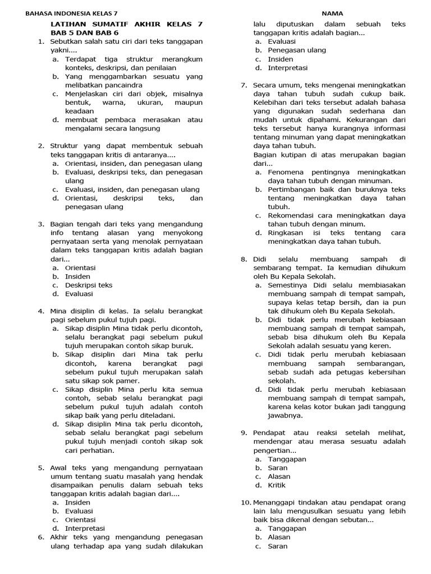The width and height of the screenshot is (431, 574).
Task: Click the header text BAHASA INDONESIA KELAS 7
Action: (75, 13)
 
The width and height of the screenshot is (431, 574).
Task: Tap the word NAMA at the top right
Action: (332, 13)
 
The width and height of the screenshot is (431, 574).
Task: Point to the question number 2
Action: (41, 146)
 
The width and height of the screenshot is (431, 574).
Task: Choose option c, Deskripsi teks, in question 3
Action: (88, 285)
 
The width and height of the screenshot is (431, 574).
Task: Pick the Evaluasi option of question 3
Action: (79, 294)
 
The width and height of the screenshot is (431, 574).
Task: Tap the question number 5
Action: (41, 467)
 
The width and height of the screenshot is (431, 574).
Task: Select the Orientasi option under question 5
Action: (80, 519)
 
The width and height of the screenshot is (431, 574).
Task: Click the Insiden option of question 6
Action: (281, 59)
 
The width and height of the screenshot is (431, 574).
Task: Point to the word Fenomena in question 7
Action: (285, 172)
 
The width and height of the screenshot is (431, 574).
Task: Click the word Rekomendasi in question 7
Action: (291, 215)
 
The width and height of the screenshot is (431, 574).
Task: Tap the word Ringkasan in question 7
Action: (286, 233)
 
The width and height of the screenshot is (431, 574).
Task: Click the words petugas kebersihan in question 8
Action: (355, 372)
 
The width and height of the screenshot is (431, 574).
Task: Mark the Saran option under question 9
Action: (278, 467)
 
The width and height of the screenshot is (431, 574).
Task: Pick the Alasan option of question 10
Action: (279, 537)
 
